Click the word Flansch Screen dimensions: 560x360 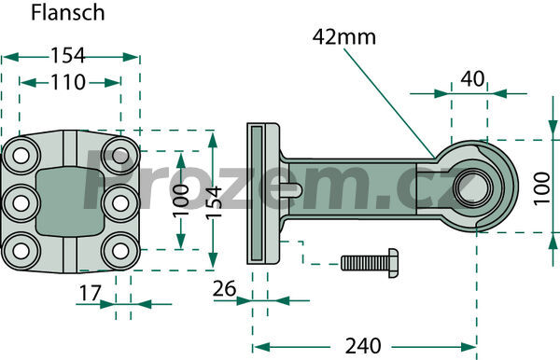click(67, 13)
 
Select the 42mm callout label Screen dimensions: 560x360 click(343, 37)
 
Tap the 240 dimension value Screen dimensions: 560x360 click(363, 346)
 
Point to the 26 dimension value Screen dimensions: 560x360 click(224, 288)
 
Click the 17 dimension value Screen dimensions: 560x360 click(91, 293)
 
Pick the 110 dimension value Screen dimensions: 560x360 click(68, 82)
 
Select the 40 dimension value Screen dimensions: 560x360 click(472, 79)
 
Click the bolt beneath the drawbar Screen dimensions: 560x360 click(370, 263)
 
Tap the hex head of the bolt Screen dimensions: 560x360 click(393, 263)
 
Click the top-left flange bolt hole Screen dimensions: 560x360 click(21, 156)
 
